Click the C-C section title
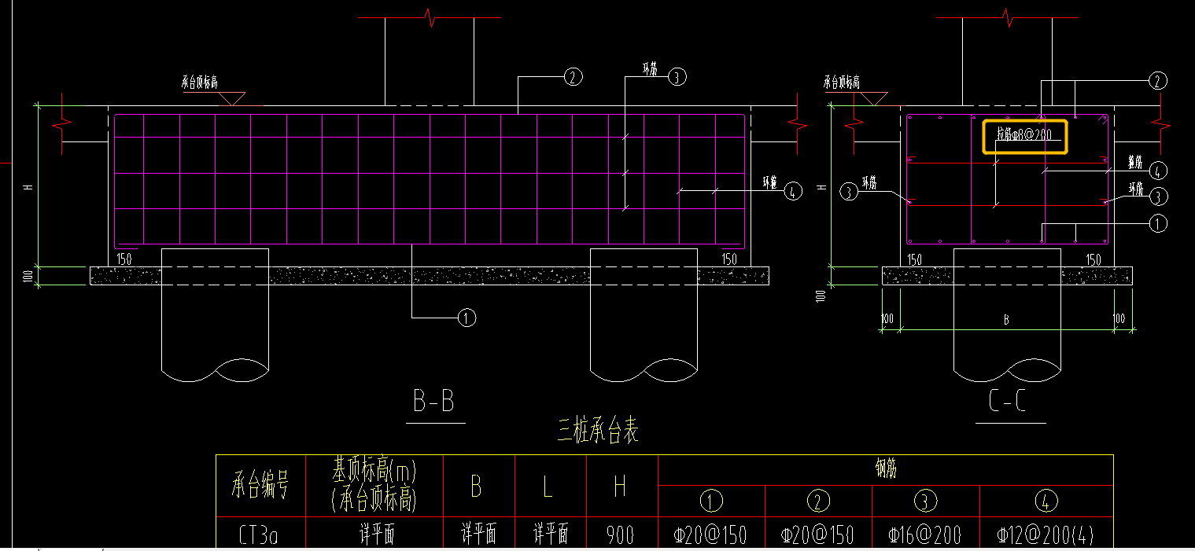tap(1008, 402)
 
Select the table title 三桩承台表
tap(598, 432)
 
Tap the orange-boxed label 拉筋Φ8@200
tap(1023, 135)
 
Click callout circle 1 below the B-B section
tap(467, 318)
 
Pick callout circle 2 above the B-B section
tap(573, 76)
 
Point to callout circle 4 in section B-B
tap(793, 191)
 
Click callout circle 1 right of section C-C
tap(1157, 223)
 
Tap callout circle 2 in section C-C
tap(1157, 80)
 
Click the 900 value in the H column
tap(620, 534)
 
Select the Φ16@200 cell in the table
tap(924, 535)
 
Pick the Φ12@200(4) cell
tap(1046, 535)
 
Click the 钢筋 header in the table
tap(885, 469)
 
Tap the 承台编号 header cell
tap(260, 487)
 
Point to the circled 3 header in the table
tap(924, 501)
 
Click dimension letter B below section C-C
tap(1005, 320)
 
